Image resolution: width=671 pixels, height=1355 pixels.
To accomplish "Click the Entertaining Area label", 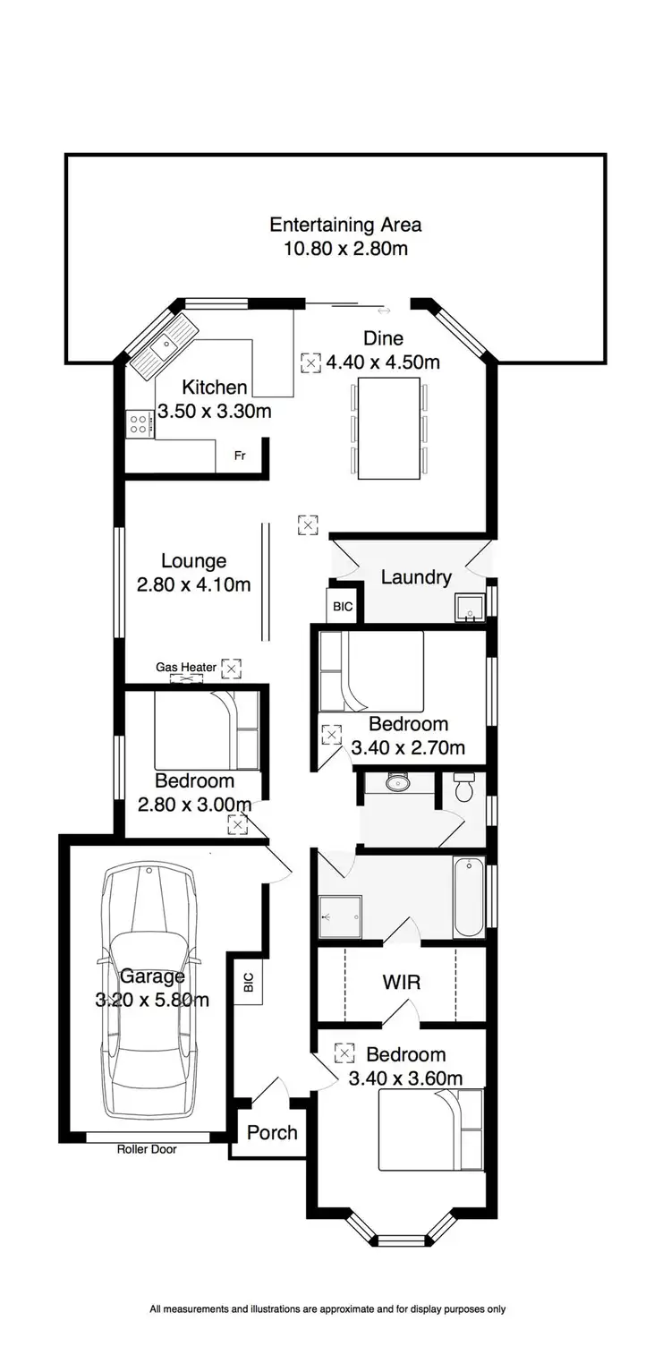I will point(345,225).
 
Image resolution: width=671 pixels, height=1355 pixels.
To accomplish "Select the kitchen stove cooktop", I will point(139,422).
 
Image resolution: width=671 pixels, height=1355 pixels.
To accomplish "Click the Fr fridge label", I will point(240,456).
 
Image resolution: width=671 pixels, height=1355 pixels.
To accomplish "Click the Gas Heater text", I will point(186,667).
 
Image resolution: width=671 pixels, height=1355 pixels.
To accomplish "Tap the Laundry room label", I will point(415,577).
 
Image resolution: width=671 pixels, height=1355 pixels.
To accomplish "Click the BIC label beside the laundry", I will point(343,607).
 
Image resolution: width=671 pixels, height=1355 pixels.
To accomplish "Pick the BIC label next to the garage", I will point(246,983).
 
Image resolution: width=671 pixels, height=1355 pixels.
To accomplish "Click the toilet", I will point(463,787).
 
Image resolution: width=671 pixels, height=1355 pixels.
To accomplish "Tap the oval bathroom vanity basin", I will point(396,784).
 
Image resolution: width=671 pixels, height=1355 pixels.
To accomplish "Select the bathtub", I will point(469,897).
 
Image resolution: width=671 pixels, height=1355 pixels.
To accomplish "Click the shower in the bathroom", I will point(341,916).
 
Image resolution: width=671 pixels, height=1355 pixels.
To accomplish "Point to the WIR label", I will point(402,982).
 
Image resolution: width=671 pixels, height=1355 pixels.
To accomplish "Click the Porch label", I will point(272,1132).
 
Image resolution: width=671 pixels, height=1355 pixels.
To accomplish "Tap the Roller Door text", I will point(147,1149).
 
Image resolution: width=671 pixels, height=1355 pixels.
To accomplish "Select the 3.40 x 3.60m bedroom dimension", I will point(405,1078).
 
